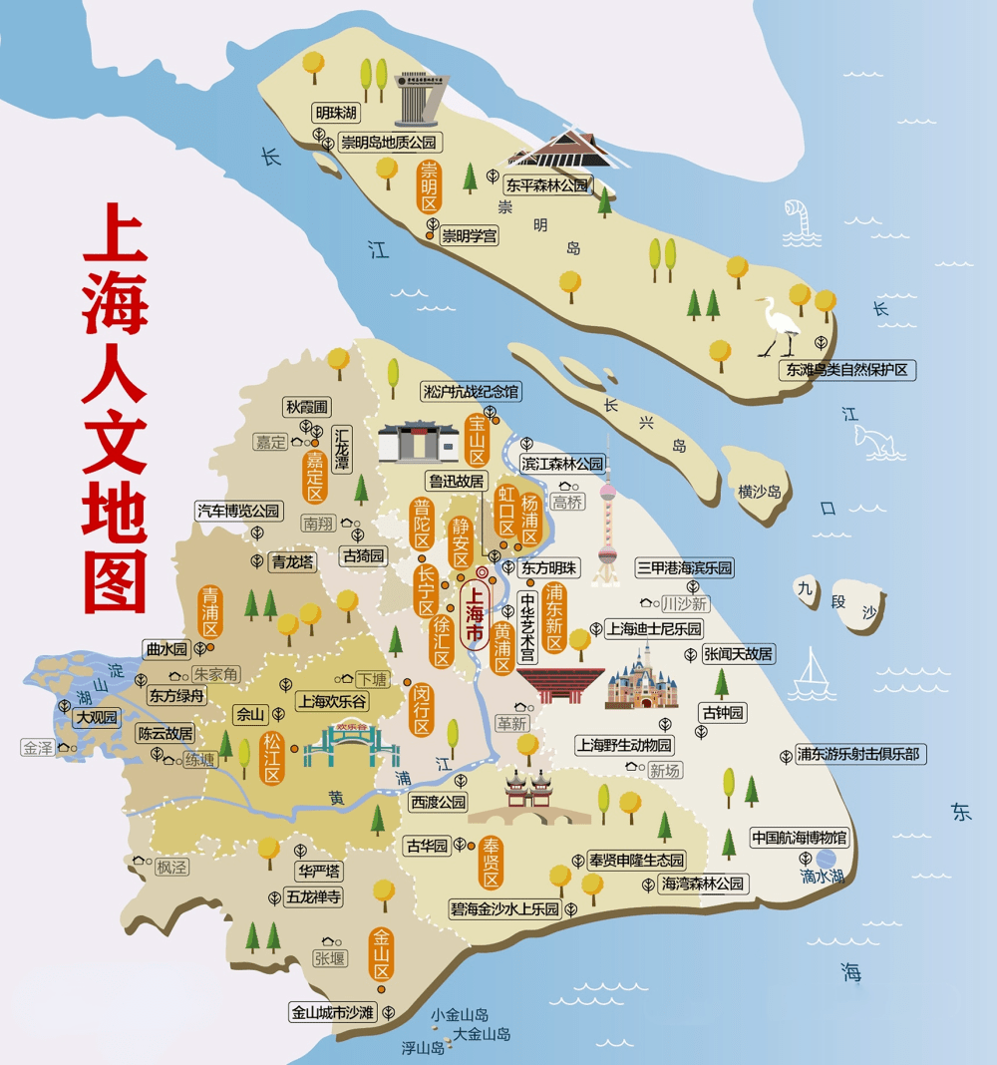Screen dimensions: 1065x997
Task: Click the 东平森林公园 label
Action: click(x=547, y=184)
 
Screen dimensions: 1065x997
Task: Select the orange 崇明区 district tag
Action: click(x=430, y=186)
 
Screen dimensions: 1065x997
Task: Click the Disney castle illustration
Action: click(x=642, y=678)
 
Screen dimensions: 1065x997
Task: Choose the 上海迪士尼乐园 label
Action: click(x=653, y=629)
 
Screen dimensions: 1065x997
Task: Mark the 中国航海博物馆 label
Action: click(x=799, y=838)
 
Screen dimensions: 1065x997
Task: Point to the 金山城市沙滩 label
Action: click(x=332, y=1012)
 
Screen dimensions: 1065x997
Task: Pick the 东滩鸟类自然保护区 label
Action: click(x=848, y=370)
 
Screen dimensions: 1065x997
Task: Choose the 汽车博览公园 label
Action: click(x=238, y=512)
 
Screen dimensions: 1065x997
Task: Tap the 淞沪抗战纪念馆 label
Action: click(x=471, y=392)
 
